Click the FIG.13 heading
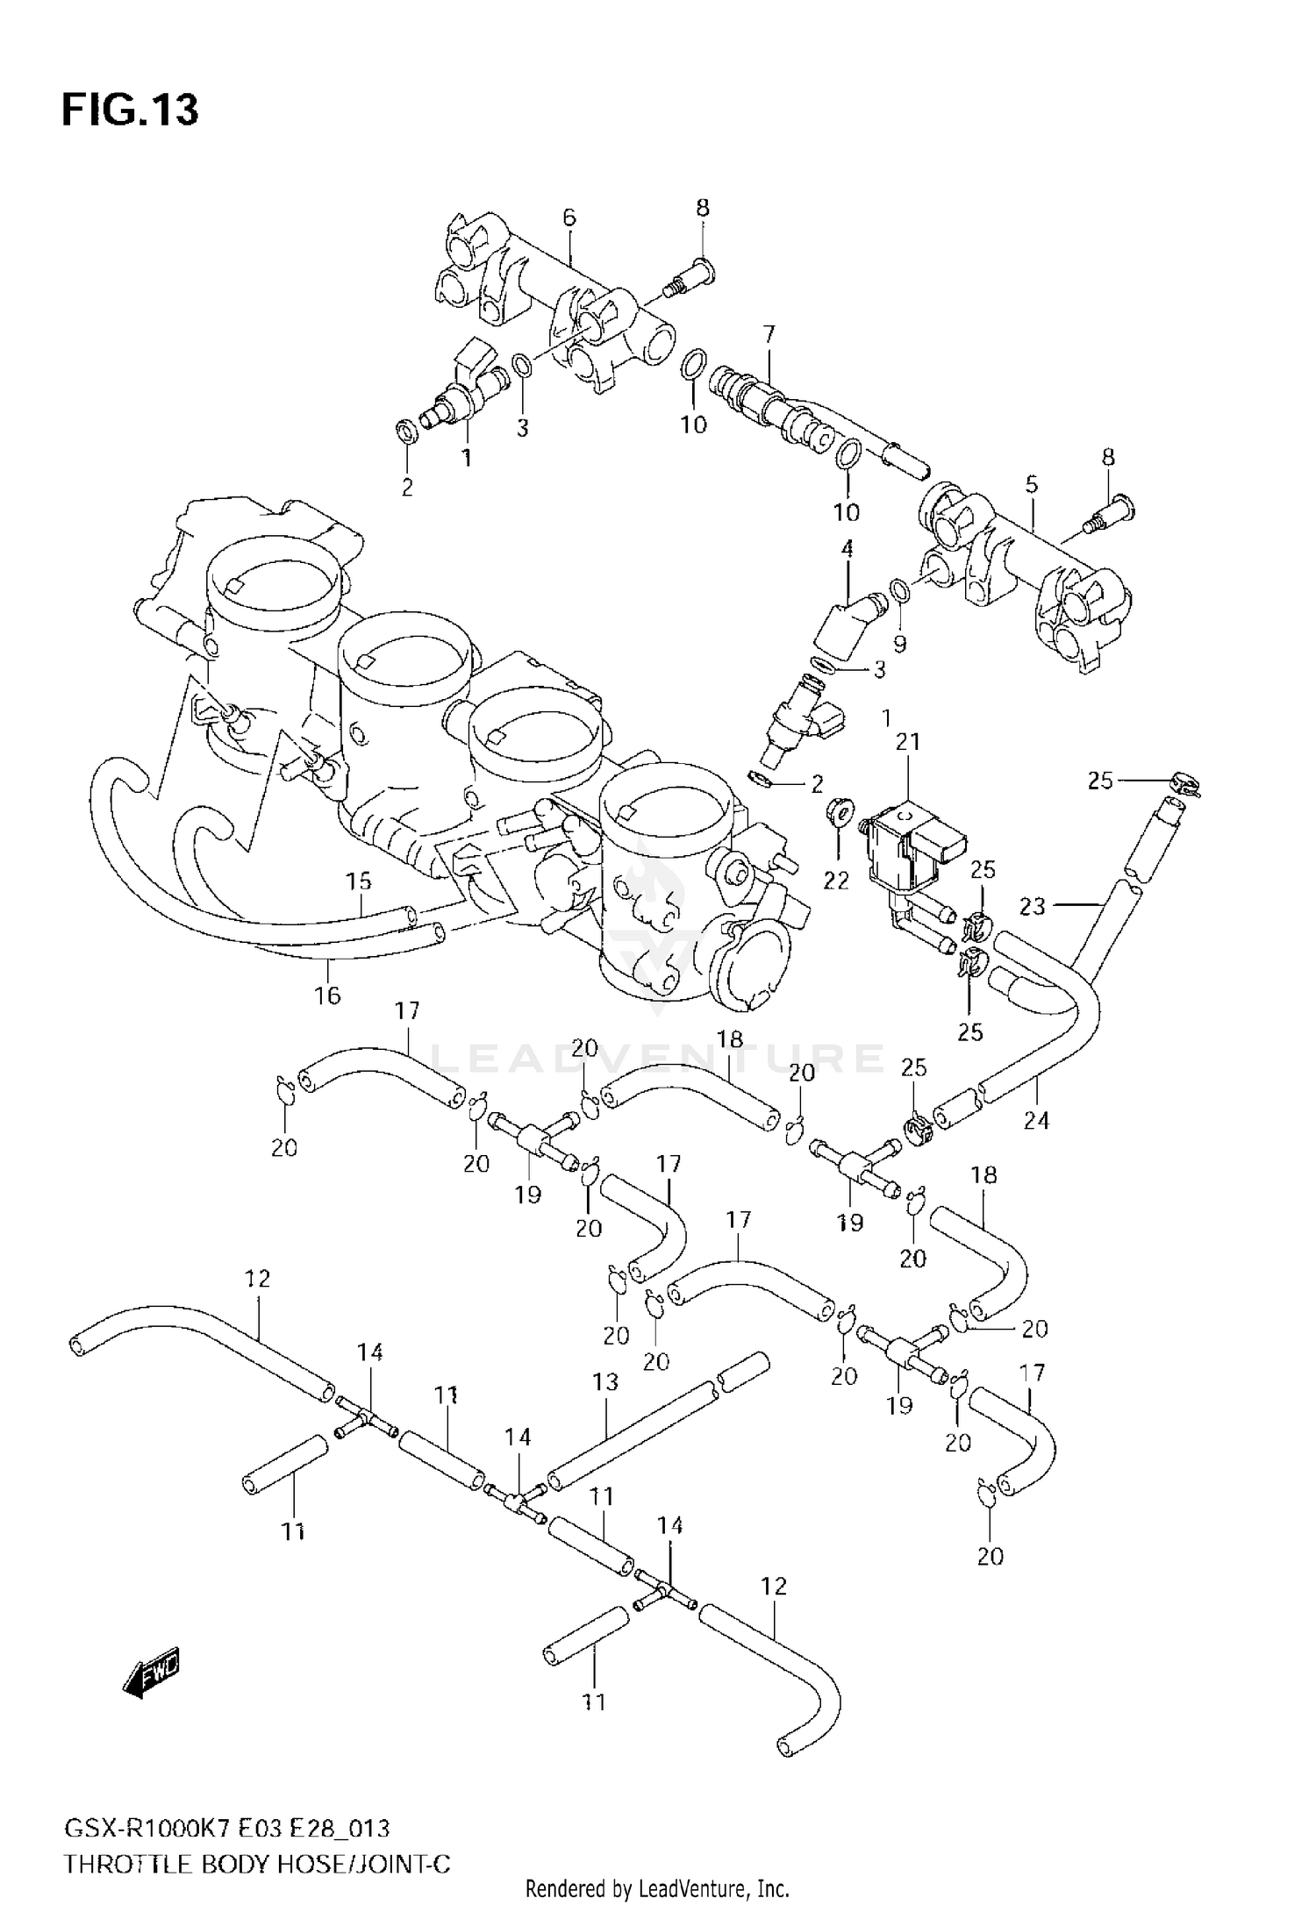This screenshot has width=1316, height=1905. click(130, 111)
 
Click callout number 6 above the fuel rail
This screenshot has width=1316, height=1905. click(569, 217)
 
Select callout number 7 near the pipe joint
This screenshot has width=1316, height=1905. click(769, 334)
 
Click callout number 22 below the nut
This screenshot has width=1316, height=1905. click(836, 880)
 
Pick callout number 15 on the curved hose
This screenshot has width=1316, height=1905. click(358, 881)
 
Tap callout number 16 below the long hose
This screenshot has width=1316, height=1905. click(327, 995)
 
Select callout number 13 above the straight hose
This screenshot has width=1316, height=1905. click(605, 1381)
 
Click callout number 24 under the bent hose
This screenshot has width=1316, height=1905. click(1036, 1120)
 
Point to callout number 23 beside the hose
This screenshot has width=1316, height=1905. click(1033, 905)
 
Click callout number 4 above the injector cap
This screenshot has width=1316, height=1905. click(847, 550)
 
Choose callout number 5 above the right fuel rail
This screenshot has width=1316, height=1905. click(1032, 484)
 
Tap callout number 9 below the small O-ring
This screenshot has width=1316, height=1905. click(899, 644)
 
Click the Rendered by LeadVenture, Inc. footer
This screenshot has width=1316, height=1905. click(657, 1888)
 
